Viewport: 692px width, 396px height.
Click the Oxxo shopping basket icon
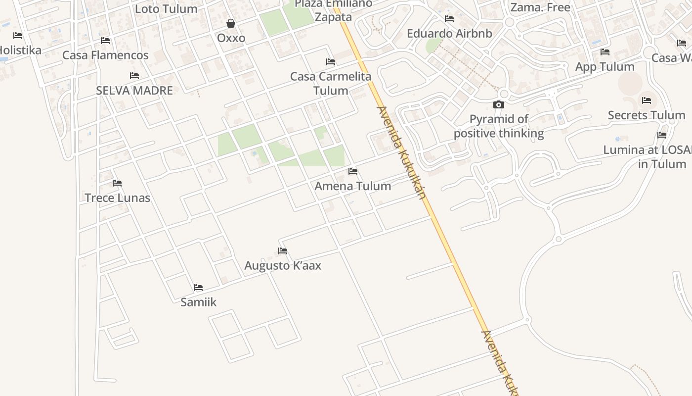point(231,23)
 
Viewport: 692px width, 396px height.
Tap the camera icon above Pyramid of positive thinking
point(499,104)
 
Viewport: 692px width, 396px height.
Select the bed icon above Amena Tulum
point(353,171)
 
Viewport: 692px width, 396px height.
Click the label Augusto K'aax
point(283,266)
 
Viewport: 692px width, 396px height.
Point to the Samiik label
point(198,302)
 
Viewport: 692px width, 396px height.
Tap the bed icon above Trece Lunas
point(117,183)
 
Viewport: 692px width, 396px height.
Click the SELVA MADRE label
point(134,91)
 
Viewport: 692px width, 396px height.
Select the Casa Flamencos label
point(105,55)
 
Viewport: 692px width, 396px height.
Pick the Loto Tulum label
point(166,9)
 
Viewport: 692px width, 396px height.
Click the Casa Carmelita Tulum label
point(331,84)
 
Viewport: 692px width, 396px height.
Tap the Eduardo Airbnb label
point(449,34)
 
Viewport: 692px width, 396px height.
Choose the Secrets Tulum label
point(647,115)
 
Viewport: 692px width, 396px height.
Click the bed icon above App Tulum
point(605,52)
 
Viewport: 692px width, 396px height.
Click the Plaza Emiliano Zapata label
point(333,11)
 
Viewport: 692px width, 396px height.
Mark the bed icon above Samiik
point(198,288)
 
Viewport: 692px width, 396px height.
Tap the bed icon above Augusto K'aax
point(283,251)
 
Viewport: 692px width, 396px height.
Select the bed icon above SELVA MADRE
point(134,76)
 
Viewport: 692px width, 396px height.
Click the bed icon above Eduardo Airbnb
point(449,19)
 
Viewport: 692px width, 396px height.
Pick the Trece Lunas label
point(117,198)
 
